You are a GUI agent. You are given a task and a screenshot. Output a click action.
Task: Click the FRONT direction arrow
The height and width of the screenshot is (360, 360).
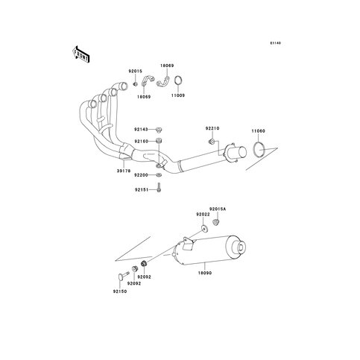[x=80, y=54]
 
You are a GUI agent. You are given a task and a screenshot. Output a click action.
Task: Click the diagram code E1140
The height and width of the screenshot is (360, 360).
[x=276, y=43]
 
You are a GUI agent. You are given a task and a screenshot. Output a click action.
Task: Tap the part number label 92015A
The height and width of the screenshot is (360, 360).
[x=218, y=209]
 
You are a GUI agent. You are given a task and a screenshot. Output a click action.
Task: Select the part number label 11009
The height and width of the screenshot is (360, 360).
[x=178, y=95]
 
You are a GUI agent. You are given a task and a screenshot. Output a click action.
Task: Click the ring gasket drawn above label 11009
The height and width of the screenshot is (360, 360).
[x=178, y=80]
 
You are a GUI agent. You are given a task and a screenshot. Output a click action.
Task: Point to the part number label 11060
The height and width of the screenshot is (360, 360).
[x=258, y=131]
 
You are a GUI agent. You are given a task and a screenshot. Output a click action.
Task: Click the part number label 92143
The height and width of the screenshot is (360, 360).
[x=141, y=130]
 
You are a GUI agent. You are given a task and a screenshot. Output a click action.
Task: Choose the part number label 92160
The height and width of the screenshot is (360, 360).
[x=141, y=142]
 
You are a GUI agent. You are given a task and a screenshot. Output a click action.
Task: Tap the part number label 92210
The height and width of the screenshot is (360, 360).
[x=212, y=128]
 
